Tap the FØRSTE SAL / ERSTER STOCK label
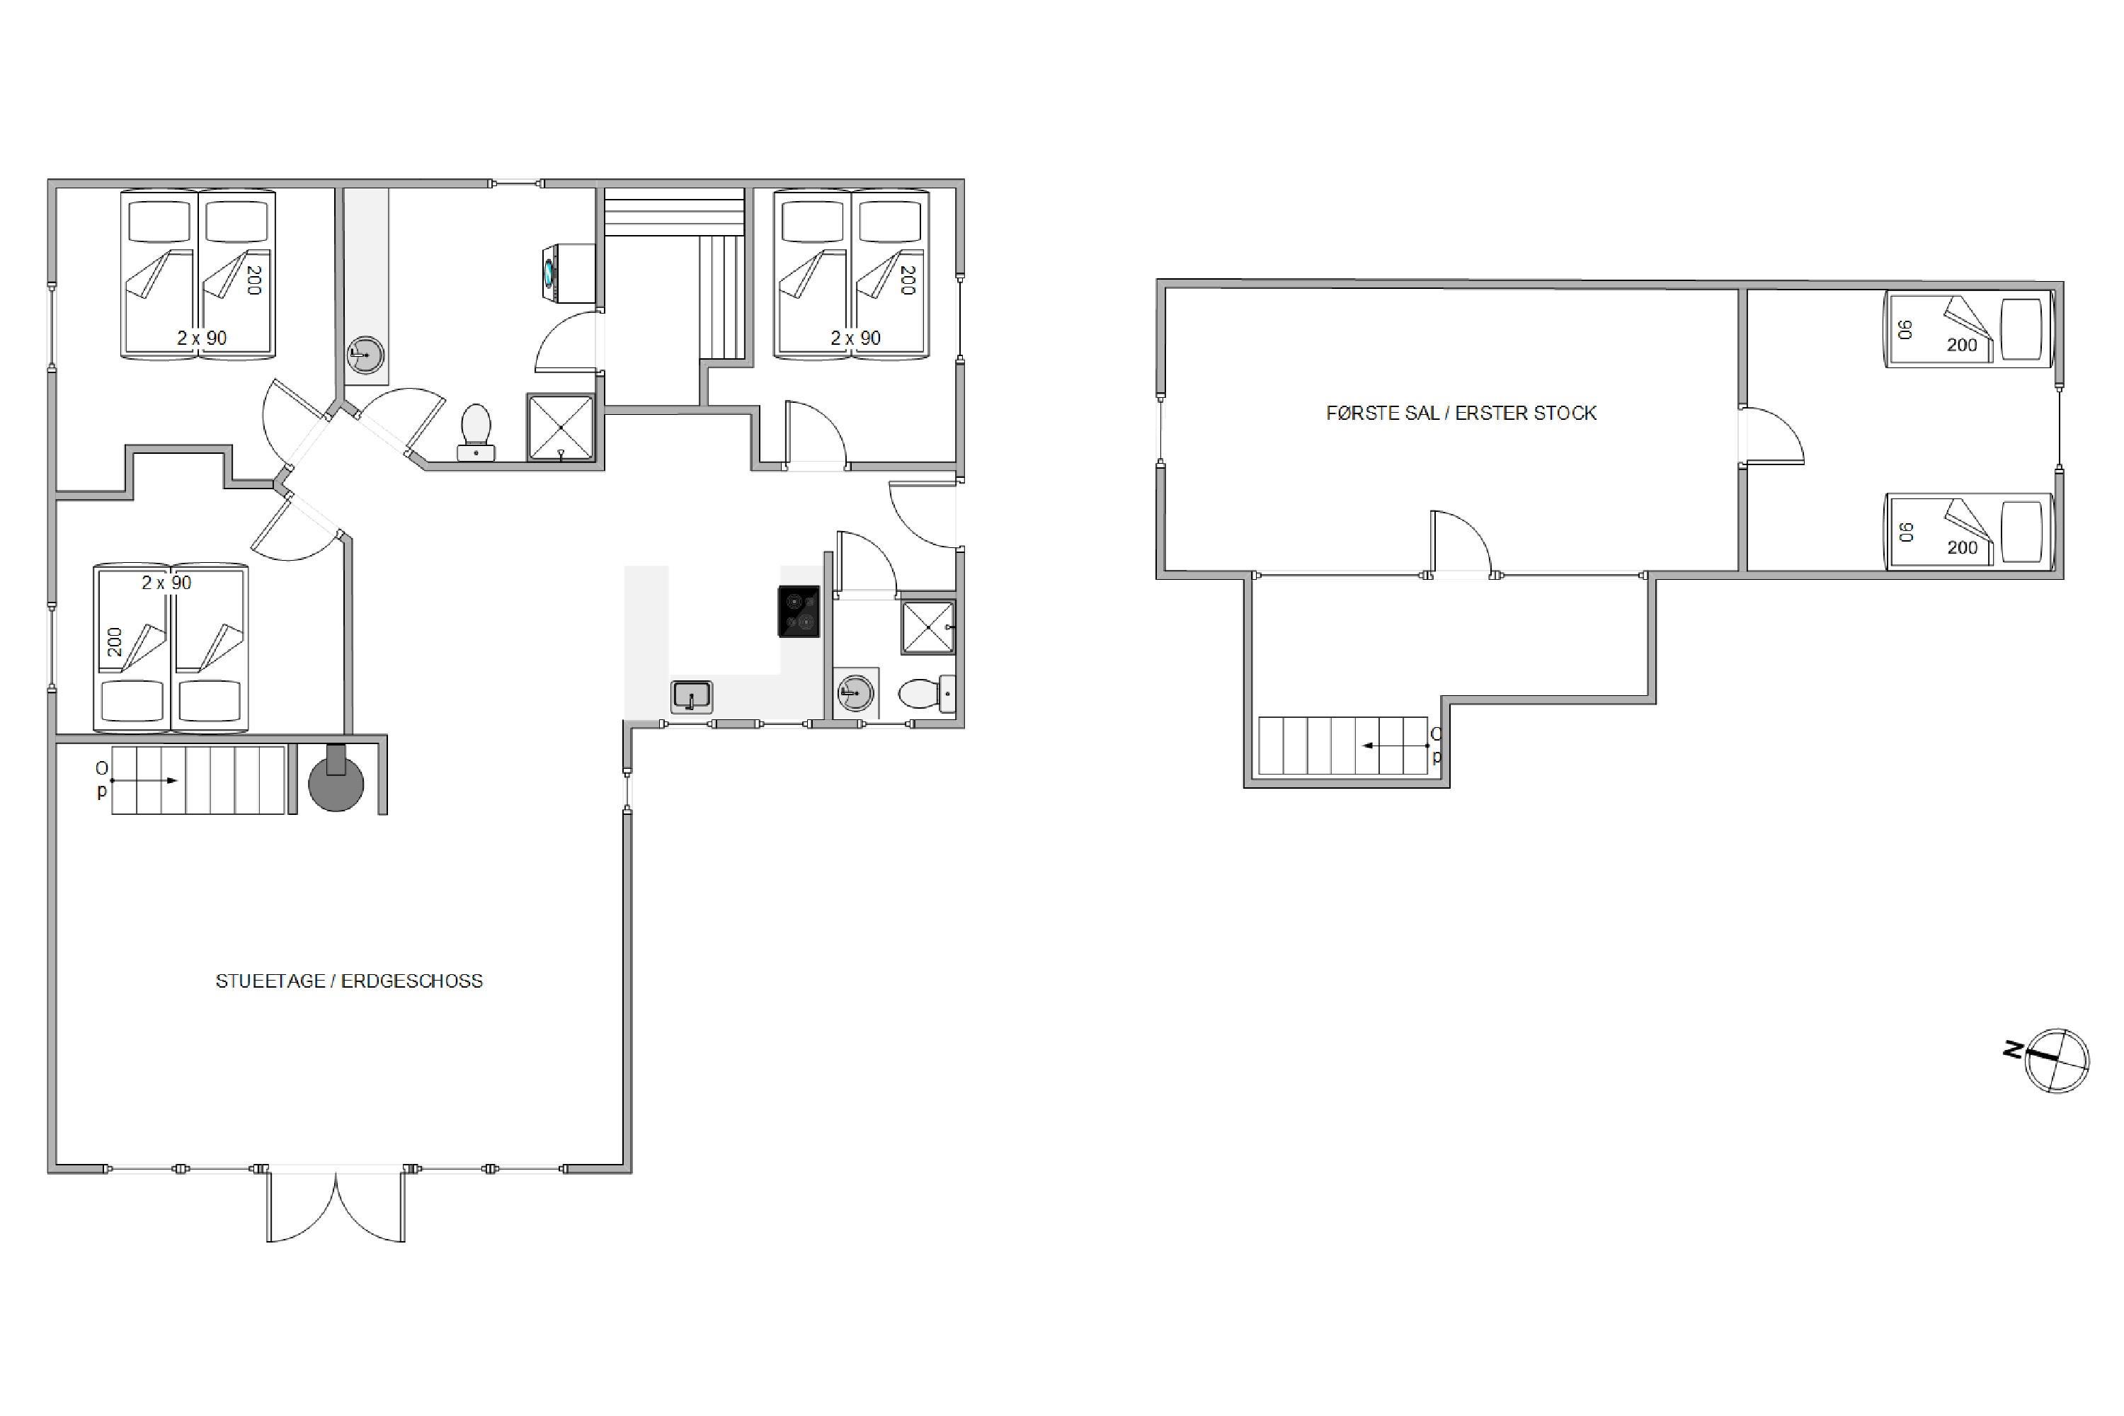tap(1461, 413)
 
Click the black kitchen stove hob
tap(799, 612)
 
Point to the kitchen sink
tap(692, 696)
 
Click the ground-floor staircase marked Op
tap(199, 780)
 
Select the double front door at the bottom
tap(335, 1206)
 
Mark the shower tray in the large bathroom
tap(561, 427)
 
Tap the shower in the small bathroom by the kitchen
tap(927, 627)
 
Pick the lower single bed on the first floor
tap(1969, 532)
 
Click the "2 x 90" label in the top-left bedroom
tap(201, 338)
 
